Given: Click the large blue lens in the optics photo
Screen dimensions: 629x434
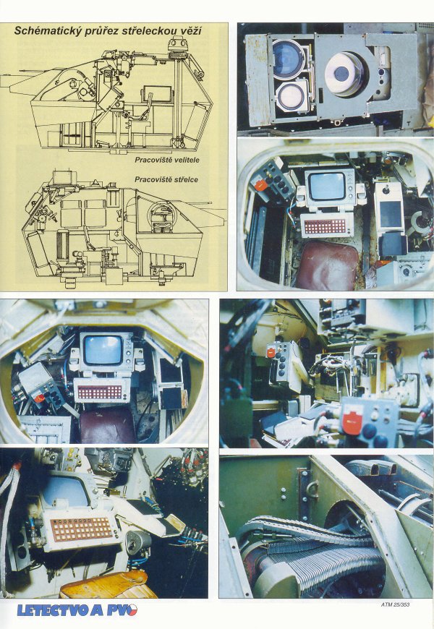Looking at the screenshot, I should coord(288,60).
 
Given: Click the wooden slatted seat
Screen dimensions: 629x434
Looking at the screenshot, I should coord(109,584).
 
